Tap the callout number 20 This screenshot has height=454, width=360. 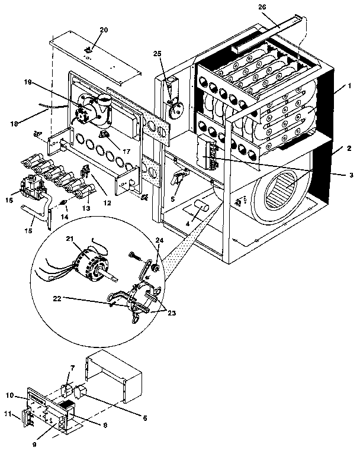pos(104,29)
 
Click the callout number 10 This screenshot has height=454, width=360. pos(9,395)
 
